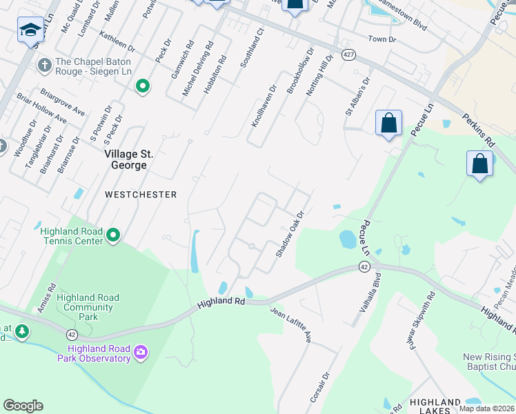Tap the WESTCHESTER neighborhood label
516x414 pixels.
pyautogui.click(x=141, y=195)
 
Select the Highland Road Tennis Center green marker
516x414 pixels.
pyautogui.click(x=114, y=237)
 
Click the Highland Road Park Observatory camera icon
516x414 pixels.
pyautogui.click(x=141, y=353)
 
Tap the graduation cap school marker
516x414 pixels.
pyautogui.click(x=30, y=30)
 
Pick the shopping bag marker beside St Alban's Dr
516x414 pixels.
pyautogui.click(x=388, y=124)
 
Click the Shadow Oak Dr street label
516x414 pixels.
pyautogui.click(x=290, y=235)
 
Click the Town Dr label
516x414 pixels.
pyautogui.click(x=382, y=39)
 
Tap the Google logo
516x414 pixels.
pyautogui.click(x=23, y=406)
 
